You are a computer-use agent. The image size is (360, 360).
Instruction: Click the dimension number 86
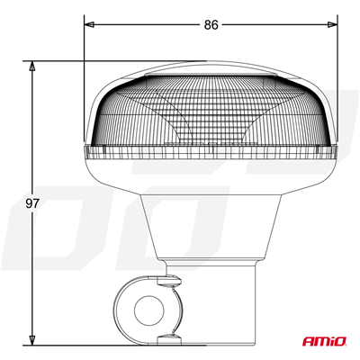211,26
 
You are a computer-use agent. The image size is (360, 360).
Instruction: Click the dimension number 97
32,204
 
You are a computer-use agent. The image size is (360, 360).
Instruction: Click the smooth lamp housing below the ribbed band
211,175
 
